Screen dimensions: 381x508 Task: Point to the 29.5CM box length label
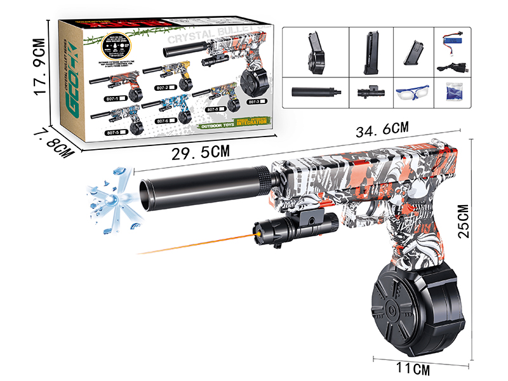(x=199, y=152)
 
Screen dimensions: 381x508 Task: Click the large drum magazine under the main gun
(x=408, y=303)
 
